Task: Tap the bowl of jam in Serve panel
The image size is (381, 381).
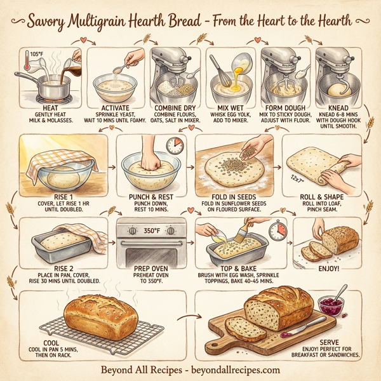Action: pyautogui.click(x=333, y=306)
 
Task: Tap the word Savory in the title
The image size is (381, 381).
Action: pyautogui.click(x=51, y=21)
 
